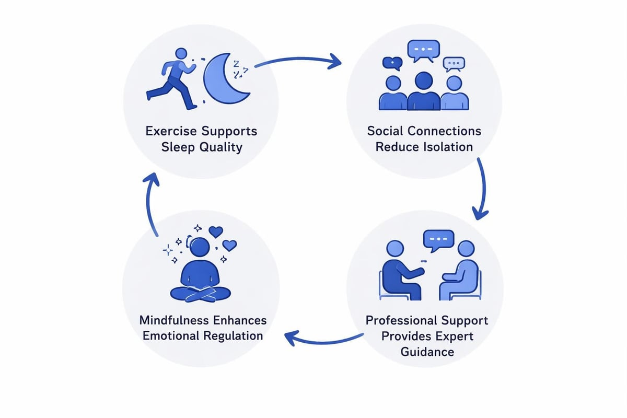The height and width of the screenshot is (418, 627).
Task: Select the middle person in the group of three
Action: click(423, 91)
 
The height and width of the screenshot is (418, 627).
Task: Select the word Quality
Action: click(222, 147)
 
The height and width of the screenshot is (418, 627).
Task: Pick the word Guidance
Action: click(427, 352)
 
